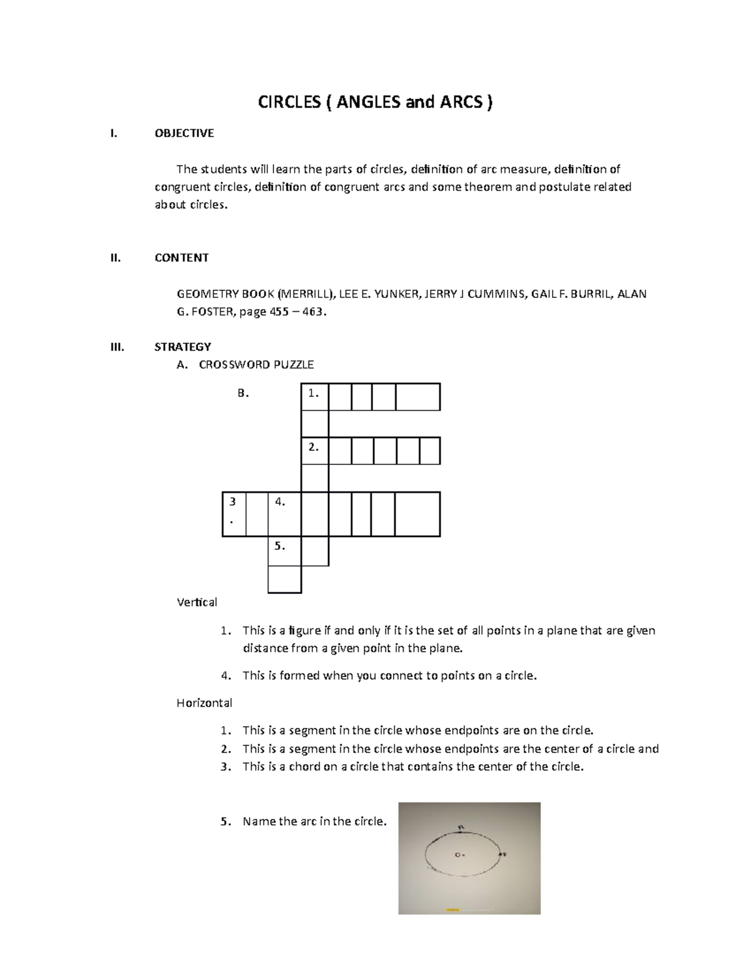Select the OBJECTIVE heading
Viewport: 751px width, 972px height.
click(x=184, y=133)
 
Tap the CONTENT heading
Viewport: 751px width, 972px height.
click(x=181, y=257)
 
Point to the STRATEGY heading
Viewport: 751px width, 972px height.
click(x=183, y=347)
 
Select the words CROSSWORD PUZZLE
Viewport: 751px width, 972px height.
click(x=256, y=364)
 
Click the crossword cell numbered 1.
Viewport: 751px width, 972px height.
click(x=315, y=397)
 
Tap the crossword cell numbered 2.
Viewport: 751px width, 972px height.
click(x=315, y=451)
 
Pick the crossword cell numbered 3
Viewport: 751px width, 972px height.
click(x=234, y=514)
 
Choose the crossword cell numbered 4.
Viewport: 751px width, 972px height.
click(x=284, y=514)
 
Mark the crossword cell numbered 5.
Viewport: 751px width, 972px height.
click(x=284, y=551)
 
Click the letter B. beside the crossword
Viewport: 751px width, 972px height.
click(x=243, y=394)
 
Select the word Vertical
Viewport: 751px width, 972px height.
click(x=197, y=602)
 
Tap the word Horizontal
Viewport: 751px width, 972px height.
click(x=204, y=703)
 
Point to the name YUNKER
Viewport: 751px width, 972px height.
click(x=396, y=294)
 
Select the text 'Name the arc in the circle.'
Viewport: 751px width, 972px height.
click(x=314, y=821)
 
